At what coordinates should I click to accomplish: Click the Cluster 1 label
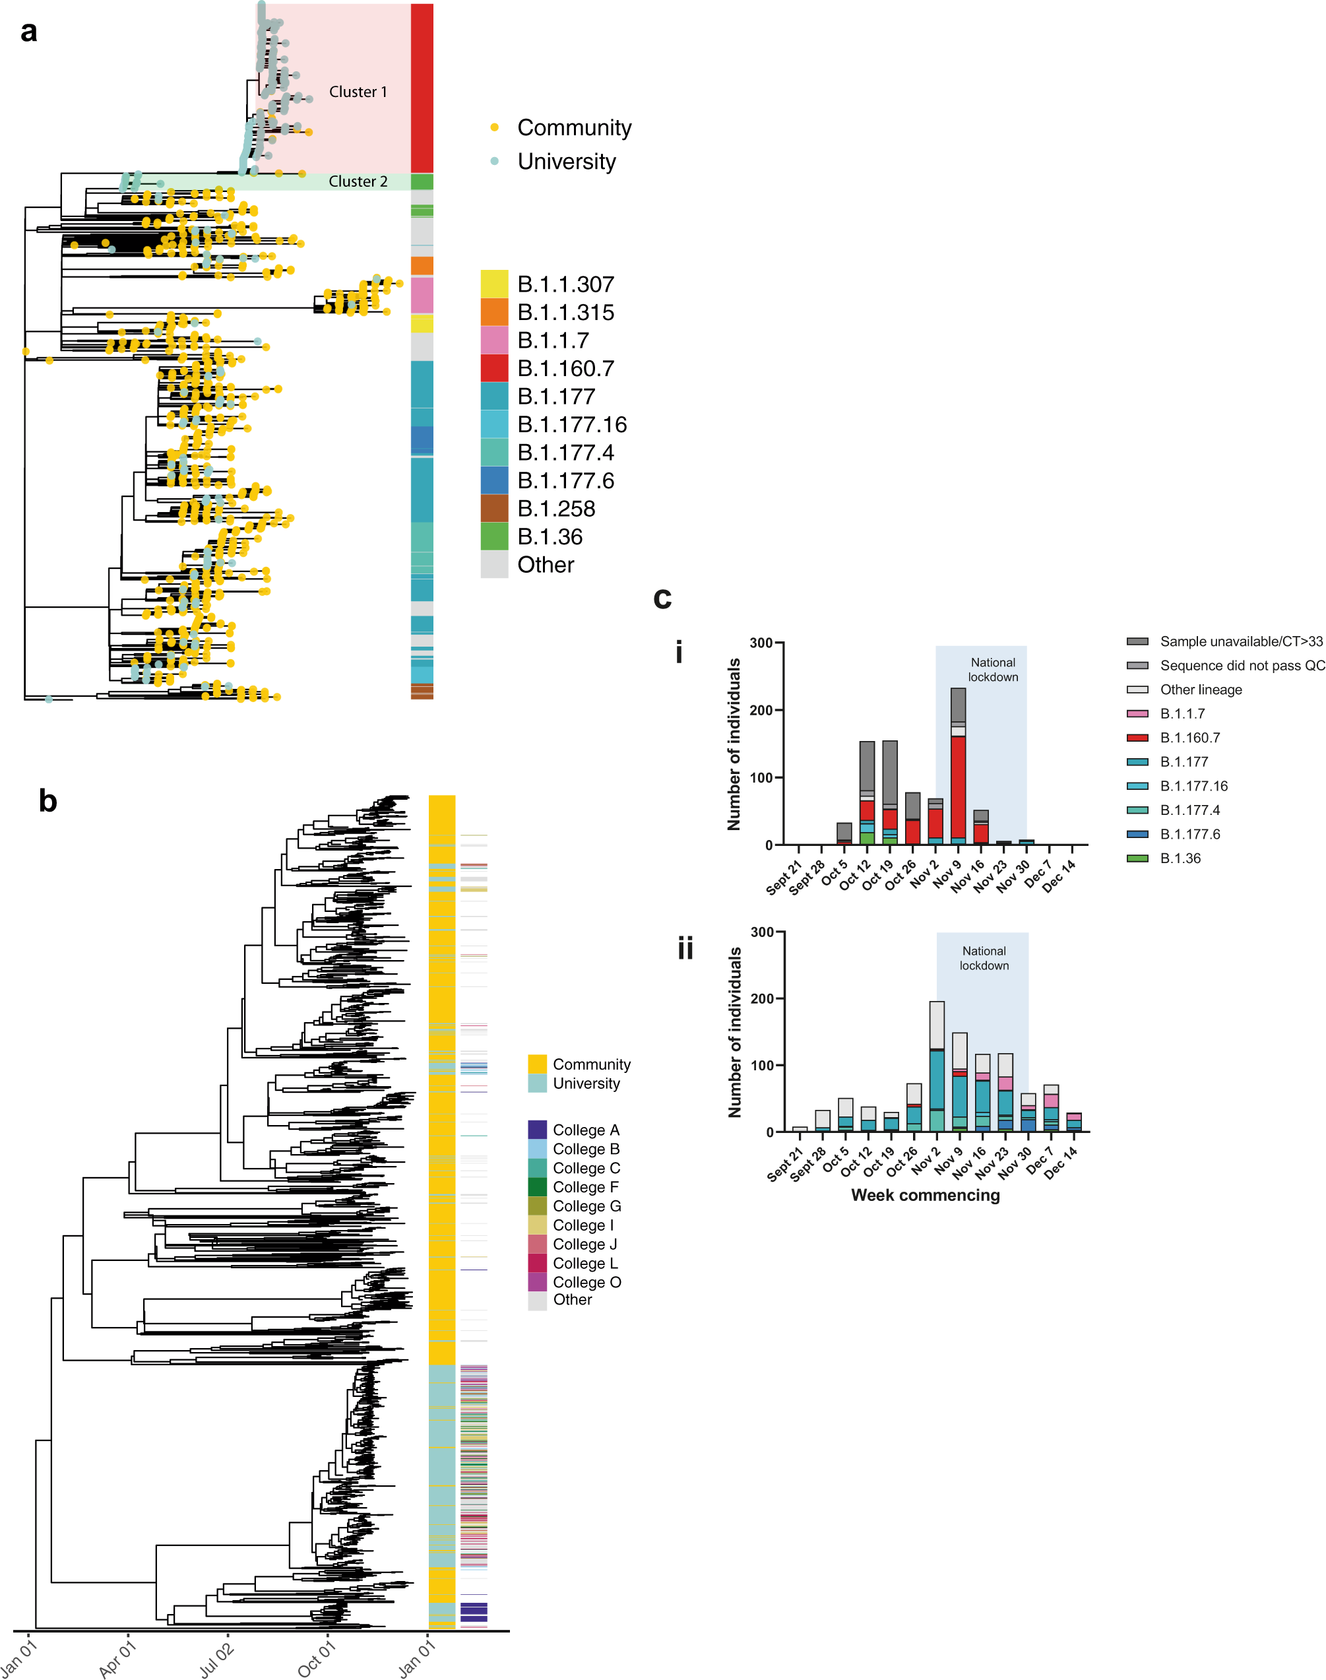tap(358, 92)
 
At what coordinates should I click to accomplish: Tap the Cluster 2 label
tap(358, 181)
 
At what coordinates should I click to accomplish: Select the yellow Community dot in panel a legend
tap(495, 127)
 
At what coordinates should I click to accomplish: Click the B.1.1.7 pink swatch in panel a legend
tap(495, 340)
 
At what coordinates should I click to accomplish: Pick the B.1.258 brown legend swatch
tap(495, 509)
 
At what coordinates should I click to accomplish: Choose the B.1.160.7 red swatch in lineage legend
tap(495, 368)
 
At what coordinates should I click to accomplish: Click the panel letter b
tap(48, 800)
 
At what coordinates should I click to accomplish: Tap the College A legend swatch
tap(537, 1130)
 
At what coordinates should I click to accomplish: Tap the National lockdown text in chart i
tap(992, 669)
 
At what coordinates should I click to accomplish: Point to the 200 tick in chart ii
tap(764, 998)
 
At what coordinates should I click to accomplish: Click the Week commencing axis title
tap(926, 1195)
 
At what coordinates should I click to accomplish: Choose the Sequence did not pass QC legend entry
tap(1242, 665)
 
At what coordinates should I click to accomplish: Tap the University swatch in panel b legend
tap(537, 1083)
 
